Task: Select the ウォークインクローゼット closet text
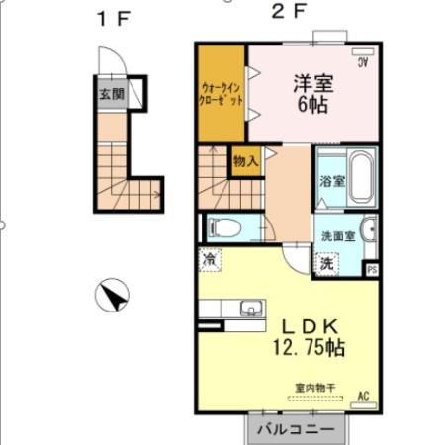[x=221, y=95]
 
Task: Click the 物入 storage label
[x=246, y=159]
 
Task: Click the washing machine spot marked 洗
[x=326, y=264]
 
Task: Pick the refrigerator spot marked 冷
[x=212, y=259]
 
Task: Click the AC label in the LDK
[x=362, y=396]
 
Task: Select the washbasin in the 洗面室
[x=368, y=228]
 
